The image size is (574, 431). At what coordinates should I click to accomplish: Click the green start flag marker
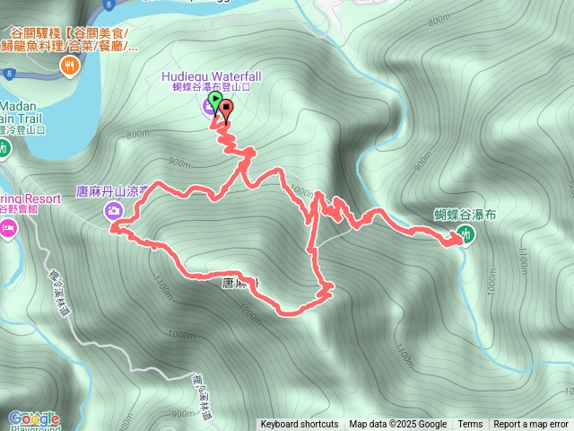click(215, 99)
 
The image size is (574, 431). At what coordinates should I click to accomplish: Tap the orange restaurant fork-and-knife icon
click(70, 66)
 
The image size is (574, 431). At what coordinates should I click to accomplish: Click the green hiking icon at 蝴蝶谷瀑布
click(465, 234)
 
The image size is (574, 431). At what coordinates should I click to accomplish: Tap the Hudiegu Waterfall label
click(211, 76)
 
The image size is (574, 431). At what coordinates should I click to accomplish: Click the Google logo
click(33, 418)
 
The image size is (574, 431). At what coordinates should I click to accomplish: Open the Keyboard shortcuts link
click(300, 425)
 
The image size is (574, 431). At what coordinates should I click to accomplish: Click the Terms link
click(470, 425)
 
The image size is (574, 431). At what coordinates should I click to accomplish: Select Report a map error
click(531, 425)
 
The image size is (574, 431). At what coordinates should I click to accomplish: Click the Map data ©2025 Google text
click(398, 425)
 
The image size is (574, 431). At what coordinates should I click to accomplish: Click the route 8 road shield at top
click(107, 4)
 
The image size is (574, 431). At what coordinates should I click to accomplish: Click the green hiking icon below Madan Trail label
click(4, 148)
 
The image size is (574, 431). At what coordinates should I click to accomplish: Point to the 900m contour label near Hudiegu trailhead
click(179, 163)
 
